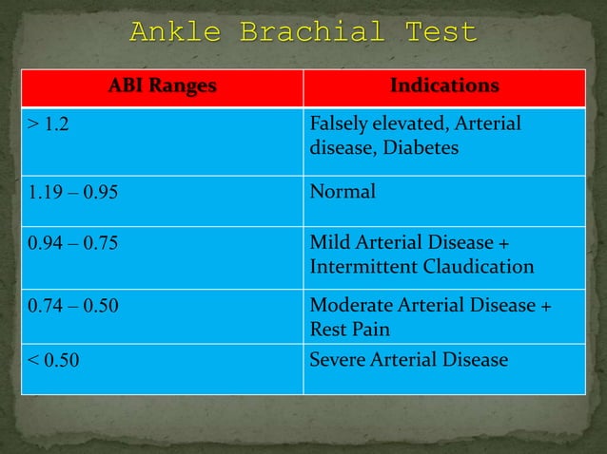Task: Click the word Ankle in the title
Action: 171,32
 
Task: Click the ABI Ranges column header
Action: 162,86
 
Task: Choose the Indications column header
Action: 444,86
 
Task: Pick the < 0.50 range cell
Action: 53,361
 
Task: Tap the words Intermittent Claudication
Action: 421,266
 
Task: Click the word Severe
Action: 338,360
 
